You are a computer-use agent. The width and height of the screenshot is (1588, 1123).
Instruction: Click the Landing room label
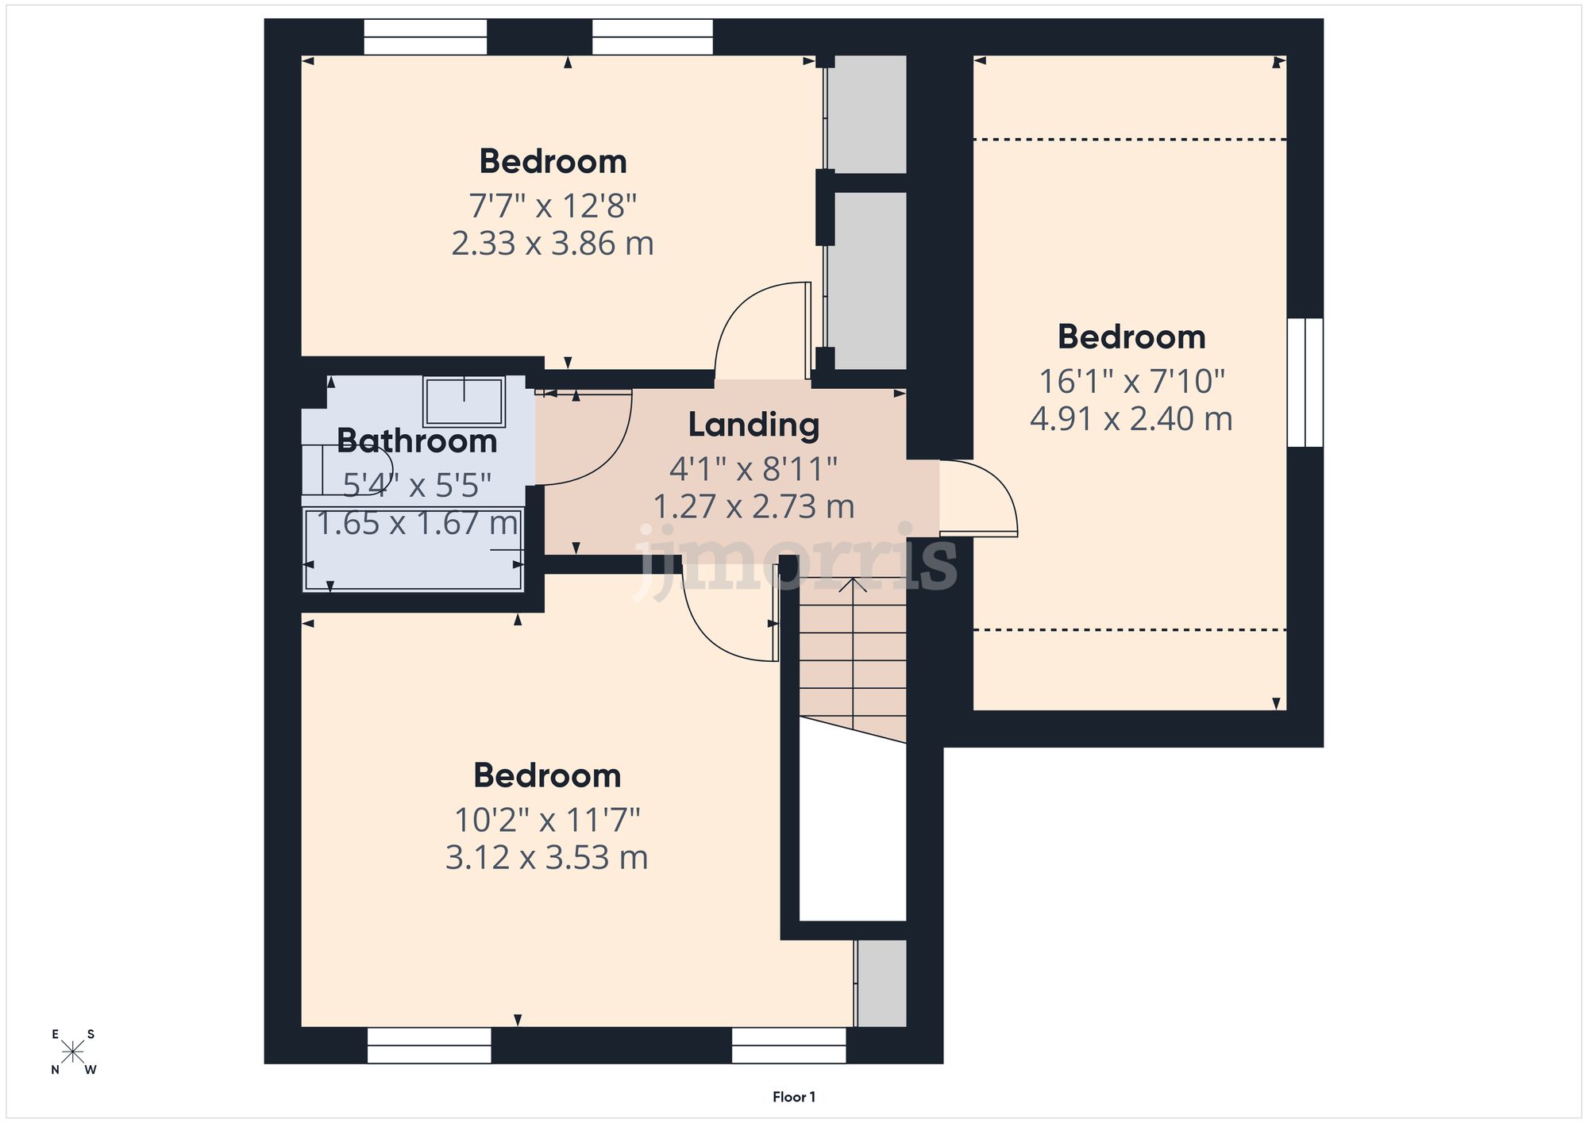point(754,425)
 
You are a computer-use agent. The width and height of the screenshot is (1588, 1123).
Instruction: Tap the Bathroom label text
point(417,441)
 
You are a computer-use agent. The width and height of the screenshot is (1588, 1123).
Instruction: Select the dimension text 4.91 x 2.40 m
point(1131,419)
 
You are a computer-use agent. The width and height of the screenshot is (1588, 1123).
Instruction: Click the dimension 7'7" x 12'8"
point(553,206)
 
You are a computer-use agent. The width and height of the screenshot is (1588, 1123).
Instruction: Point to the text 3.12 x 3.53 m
point(546,858)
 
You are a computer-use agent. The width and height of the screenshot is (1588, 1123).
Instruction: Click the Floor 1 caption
point(793,1097)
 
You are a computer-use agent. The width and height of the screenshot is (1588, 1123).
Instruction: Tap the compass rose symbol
point(73,1052)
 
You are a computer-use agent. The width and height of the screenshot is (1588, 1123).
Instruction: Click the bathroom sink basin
point(464,402)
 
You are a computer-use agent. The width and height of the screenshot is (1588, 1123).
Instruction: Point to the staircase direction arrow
point(853,587)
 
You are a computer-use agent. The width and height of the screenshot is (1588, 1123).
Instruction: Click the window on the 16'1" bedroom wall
point(1305,383)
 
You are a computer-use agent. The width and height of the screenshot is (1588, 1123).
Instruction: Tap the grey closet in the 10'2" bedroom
point(881,983)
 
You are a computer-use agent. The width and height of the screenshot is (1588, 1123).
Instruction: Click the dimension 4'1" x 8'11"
point(753,470)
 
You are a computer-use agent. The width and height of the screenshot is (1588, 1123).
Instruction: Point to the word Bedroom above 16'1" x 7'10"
point(1131,337)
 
